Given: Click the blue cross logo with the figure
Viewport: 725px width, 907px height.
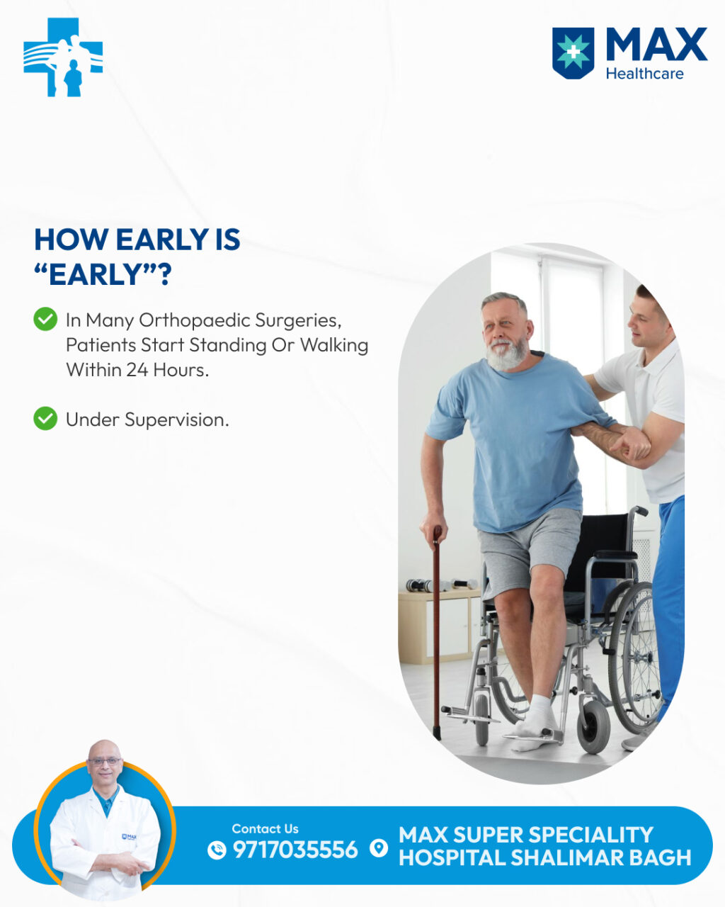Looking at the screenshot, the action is click(63, 57).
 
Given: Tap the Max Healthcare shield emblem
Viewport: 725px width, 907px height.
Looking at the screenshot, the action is click(573, 53).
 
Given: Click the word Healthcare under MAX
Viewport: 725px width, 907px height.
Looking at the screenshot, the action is click(644, 74).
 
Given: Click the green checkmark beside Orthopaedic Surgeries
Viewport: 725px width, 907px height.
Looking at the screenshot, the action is click(45, 319).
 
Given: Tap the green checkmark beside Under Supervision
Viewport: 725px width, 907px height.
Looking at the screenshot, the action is click(45, 419).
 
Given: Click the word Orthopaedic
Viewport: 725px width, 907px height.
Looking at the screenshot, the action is click(195, 321).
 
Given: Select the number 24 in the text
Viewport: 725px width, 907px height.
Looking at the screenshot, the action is click(137, 370).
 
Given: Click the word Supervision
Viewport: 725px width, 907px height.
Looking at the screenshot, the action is click(176, 420).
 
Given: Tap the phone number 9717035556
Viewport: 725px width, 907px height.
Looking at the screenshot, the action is click(295, 850).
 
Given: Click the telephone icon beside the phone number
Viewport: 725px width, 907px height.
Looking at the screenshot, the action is click(217, 850).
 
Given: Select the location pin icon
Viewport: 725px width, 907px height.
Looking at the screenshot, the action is click(379, 848).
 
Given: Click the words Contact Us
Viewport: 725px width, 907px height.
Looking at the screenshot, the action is click(265, 829).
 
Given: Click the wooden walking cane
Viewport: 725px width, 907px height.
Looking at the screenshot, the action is click(437, 632).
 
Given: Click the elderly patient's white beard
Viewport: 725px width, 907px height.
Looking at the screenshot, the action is click(506, 353).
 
